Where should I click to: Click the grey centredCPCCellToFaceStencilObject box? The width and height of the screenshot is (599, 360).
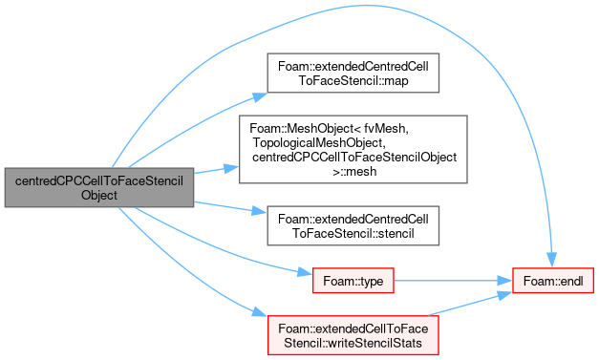point(99,187)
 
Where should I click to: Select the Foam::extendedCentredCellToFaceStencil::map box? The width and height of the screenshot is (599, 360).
point(353,73)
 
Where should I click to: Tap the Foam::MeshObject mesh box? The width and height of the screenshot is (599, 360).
point(353,149)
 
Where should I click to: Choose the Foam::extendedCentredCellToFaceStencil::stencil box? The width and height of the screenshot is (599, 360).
point(353,225)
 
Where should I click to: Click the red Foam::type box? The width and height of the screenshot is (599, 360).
point(353,281)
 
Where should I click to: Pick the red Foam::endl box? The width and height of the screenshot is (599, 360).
point(553,281)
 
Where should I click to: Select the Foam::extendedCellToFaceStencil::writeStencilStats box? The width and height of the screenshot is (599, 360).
point(353,335)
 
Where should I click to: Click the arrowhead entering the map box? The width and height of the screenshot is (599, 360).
point(260,96)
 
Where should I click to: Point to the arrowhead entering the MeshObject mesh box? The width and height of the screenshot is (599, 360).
point(231,168)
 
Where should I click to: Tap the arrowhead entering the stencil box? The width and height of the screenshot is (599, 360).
point(259,211)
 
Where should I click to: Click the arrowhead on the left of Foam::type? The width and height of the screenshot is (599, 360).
point(305,272)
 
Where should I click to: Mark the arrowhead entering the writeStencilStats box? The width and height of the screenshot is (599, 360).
point(260,312)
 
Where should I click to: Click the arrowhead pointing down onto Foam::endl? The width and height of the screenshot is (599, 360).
point(551,260)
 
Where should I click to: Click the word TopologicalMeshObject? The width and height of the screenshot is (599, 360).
point(317,143)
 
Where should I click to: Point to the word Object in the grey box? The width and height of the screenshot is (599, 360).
point(99,195)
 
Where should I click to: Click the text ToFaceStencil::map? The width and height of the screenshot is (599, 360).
point(353,80)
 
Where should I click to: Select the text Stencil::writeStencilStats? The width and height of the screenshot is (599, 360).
point(353,343)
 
